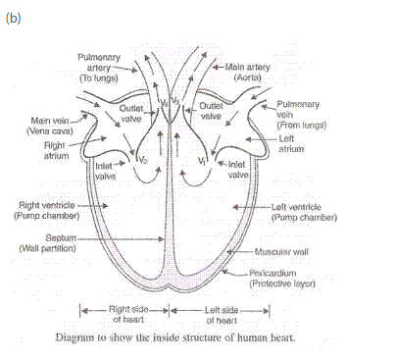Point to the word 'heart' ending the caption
[278, 338]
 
